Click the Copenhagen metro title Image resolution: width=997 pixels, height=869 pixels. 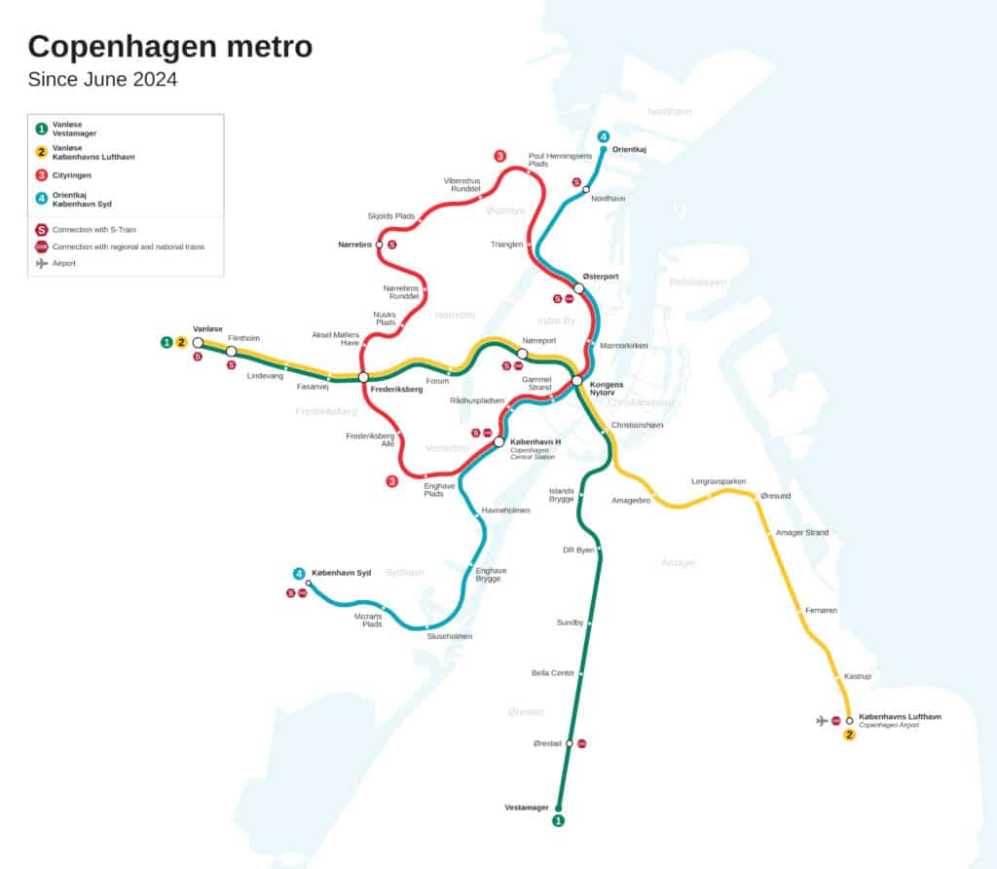pyautogui.click(x=170, y=46)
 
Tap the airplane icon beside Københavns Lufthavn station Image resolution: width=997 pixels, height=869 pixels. pyautogui.click(x=822, y=720)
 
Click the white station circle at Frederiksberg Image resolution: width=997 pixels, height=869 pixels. pyautogui.click(x=362, y=377)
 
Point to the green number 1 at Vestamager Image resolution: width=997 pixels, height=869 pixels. pyautogui.click(x=558, y=821)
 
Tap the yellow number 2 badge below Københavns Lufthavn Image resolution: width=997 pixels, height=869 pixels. pyautogui.click(x=849, y=735)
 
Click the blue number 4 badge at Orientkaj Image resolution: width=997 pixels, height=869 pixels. pyautogui.click(x=604, y=136)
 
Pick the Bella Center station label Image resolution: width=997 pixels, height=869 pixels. pyautogui.click(x=552, y=673)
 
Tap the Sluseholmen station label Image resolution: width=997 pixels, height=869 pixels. pyautogui.click(x=450, y=636)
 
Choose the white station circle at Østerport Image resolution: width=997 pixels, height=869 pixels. pyautogui.click(x=578, y=288)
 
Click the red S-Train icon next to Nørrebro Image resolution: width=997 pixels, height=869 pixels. pyautogui.click(x=392, y=245)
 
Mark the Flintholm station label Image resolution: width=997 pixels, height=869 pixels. pyautogui.click(x=243, y=338)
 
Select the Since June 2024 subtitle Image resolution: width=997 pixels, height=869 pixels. pyautogui.click(x=102, y=80)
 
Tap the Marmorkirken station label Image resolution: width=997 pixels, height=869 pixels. pyautogui.click(x=624, y=346)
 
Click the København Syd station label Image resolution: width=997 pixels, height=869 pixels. pyautogui.click(x=341, y=572)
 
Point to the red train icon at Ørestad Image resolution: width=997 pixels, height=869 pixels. pyautogui.click(x=582, y=743)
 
